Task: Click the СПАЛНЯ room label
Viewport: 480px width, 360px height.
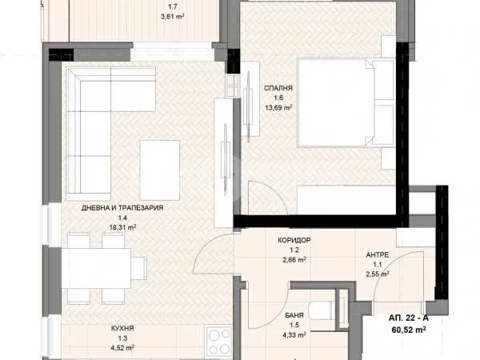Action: click(278, 88)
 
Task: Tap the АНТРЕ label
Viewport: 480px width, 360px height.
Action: click(378, 255)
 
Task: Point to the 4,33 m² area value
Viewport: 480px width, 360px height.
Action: click(294, 335)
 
